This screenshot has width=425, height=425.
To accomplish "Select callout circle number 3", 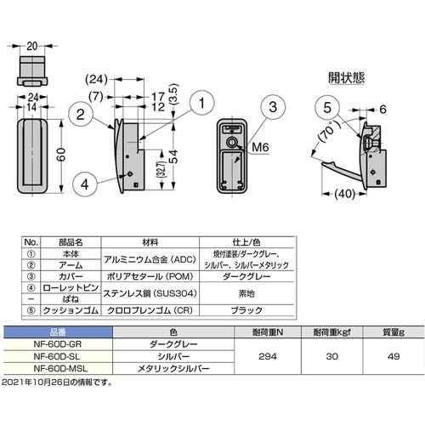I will [274, 107].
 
